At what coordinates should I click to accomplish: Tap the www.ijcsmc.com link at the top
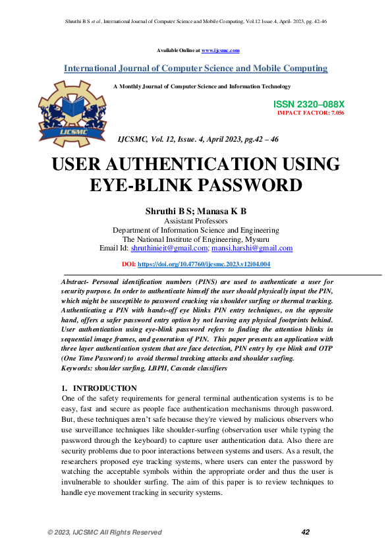click(x=220, y=50)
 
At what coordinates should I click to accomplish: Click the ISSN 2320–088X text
click(x=308, y=105)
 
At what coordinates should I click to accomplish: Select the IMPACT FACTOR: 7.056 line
click(x=311, y=113)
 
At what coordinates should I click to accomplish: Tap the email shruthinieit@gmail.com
click(x=169, y=248)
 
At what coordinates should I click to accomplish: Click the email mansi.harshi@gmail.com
click(x=252, y=248)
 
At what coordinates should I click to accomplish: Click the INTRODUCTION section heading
click(x=105, y=388)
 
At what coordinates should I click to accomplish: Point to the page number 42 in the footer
click(x=305, y=532)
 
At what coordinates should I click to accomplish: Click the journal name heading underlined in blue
click(x=196, y=69)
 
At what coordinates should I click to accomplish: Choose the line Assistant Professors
click(x=196, y=221)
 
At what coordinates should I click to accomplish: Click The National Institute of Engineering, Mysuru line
click(x=196, y=239)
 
